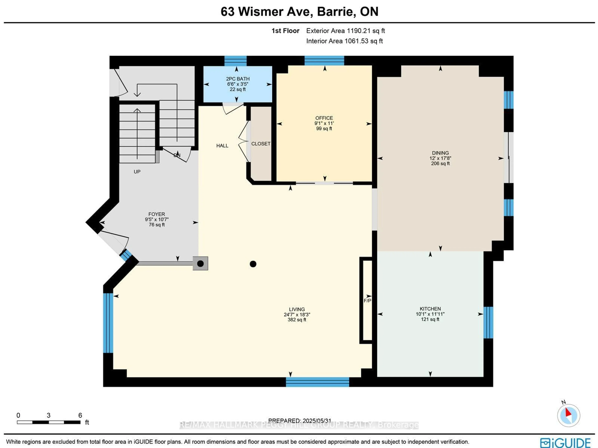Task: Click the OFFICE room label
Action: point(324,118)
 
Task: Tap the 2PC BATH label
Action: point(238,79)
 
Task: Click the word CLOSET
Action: point(261,144)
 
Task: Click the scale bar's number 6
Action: point(80,415)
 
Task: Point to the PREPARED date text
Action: point(299,421)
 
